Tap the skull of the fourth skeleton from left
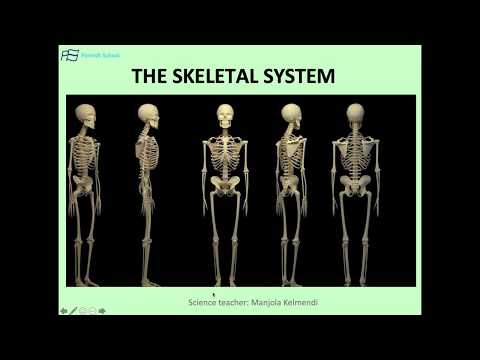point(291,116)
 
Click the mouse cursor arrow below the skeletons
point(214,295)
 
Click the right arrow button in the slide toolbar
point(102,310)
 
